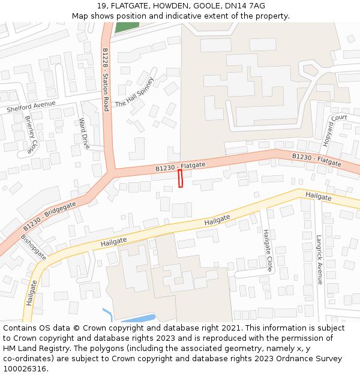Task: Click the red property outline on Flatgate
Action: (180, 178)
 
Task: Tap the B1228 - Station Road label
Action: (106, 79)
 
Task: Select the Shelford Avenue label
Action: (31, 107)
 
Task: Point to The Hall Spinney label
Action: (134, 92)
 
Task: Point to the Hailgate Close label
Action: (268, 250)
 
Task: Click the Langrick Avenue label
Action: (319, 259)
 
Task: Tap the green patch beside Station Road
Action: (127, 26)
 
